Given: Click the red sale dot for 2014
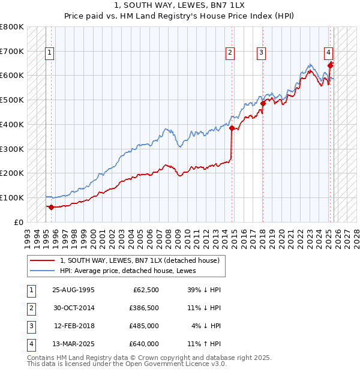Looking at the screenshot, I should click(x=232, y=128).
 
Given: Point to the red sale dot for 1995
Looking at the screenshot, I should click(x=51, y=207).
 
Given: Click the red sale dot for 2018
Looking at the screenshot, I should click(x=262, y=104).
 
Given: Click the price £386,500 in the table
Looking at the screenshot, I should click(x=145, y=308).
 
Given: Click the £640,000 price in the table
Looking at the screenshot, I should click(x=145, y=344).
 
